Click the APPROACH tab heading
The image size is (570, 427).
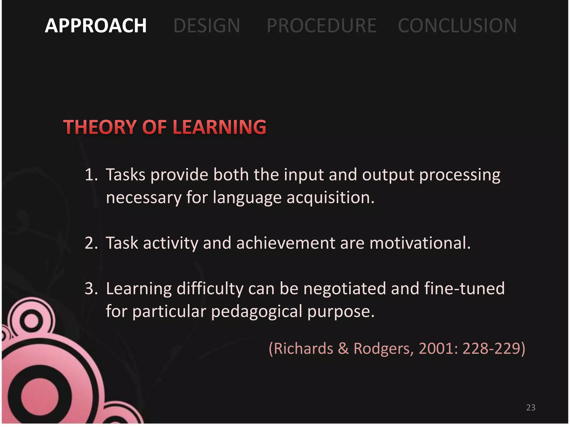[95, 26]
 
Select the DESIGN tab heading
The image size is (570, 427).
[207, 26]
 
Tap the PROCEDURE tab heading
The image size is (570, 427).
[321, 26]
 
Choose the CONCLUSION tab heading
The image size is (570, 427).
[457, 26]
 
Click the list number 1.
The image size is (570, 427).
[91, 175]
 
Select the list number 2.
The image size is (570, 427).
[91, 243]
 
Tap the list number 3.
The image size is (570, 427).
[91, 289]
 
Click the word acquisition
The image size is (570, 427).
[330, 198]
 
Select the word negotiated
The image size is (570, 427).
[345, 289]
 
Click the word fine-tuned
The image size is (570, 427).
[464, 289]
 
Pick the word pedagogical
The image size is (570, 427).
[257, 311]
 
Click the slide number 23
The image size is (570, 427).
[531, 408]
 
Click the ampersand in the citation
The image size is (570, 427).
[343, 349]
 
